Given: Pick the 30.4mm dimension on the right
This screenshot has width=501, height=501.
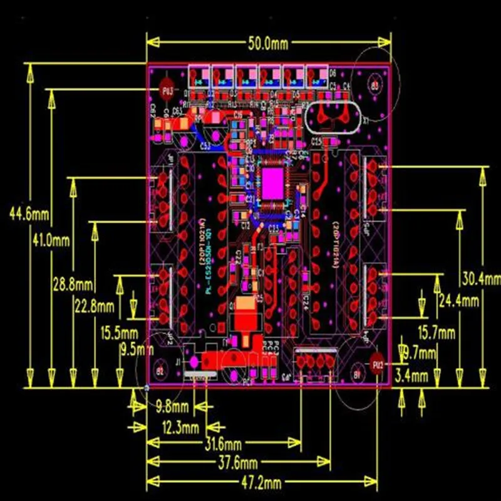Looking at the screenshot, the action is tap(482, 278).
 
